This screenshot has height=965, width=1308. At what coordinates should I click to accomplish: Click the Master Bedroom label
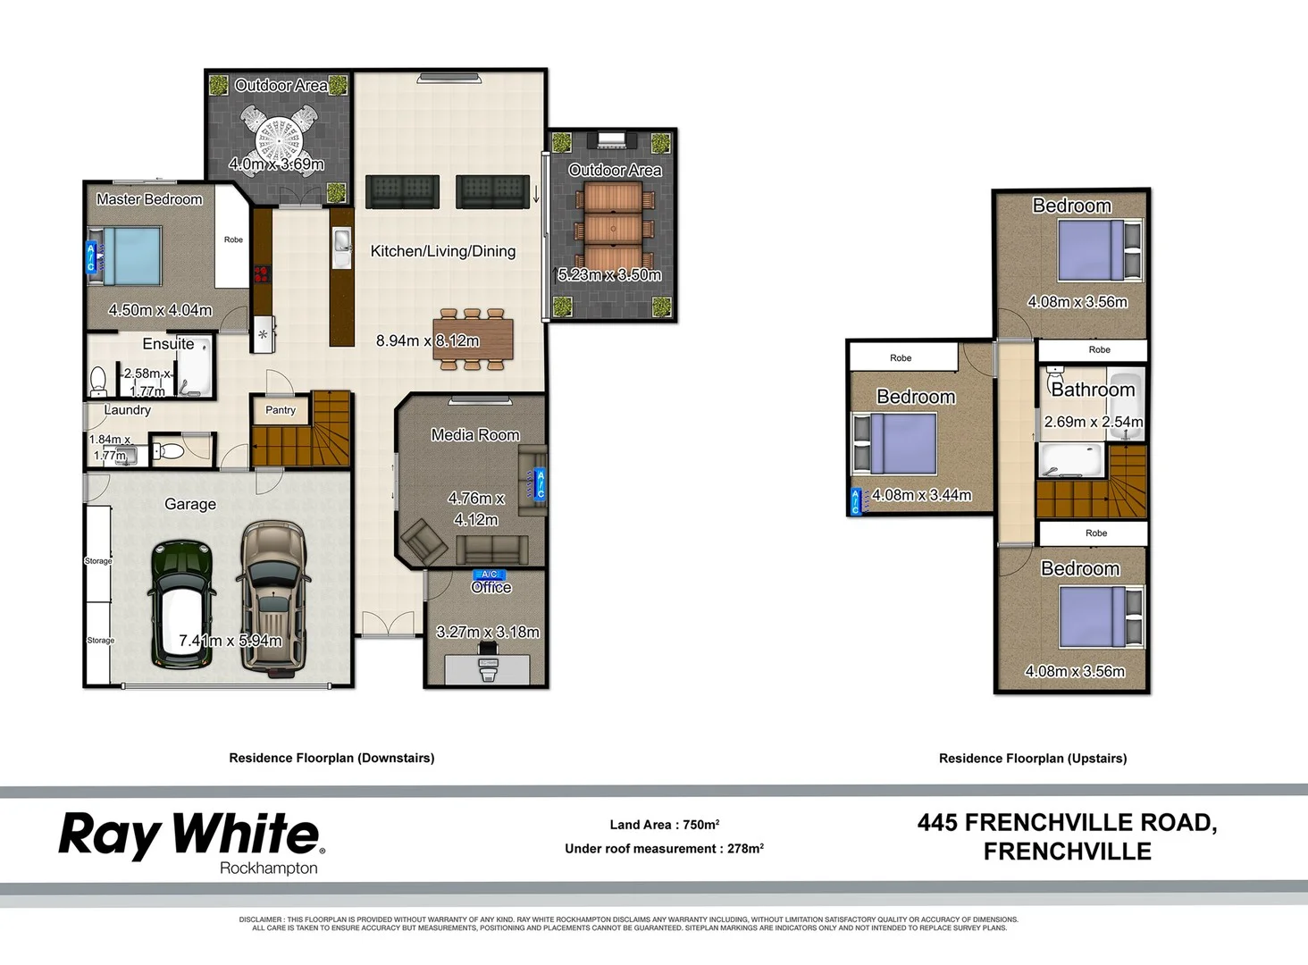(149, 199)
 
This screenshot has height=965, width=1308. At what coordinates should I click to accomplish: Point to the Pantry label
(281, 410)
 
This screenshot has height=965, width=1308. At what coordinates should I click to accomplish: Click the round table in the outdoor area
(280, 138)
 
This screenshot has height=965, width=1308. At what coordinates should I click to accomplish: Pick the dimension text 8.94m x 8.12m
(427, 340)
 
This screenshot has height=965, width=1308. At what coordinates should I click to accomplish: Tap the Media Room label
(474, 435)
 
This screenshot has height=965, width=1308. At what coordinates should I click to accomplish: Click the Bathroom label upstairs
(1093, 390)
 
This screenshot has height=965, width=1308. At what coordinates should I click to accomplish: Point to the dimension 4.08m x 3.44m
(921, 495)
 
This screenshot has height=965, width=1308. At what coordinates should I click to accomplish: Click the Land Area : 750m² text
(664, 825)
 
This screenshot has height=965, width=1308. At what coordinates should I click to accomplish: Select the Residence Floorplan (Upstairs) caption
(1033, 759)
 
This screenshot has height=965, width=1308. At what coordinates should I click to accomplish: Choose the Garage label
(190, 504)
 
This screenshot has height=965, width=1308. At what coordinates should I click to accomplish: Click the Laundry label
(127, 410)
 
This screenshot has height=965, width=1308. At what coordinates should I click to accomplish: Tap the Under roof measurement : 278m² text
(664, 849)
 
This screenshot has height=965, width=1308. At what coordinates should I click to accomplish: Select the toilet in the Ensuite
(99, 382)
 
